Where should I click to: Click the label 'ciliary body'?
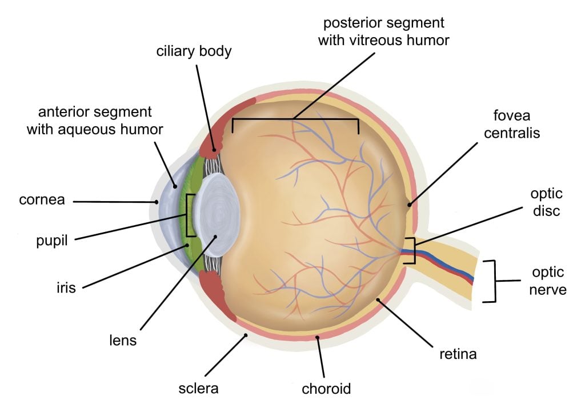tap(194, 51)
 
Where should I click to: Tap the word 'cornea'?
tap(41, 201)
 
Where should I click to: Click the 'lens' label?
tap(123, 341)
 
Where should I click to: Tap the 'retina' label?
tap(457, 355)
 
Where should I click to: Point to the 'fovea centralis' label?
tap(516, 124)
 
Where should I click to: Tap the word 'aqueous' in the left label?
tap(119, 129)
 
